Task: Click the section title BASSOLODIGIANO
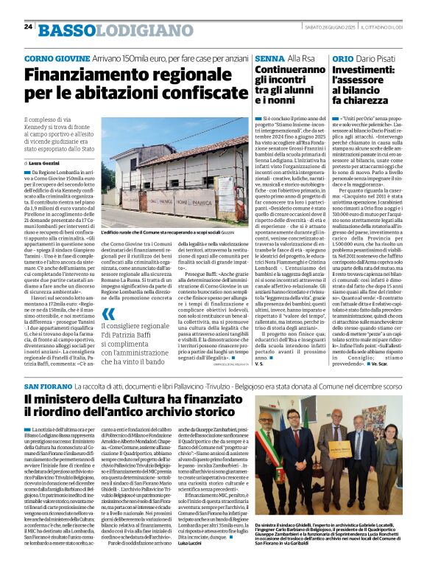[x=96, y=29]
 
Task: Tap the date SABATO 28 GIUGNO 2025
[x=328, y=28]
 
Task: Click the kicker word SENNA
[x=271, y=58]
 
